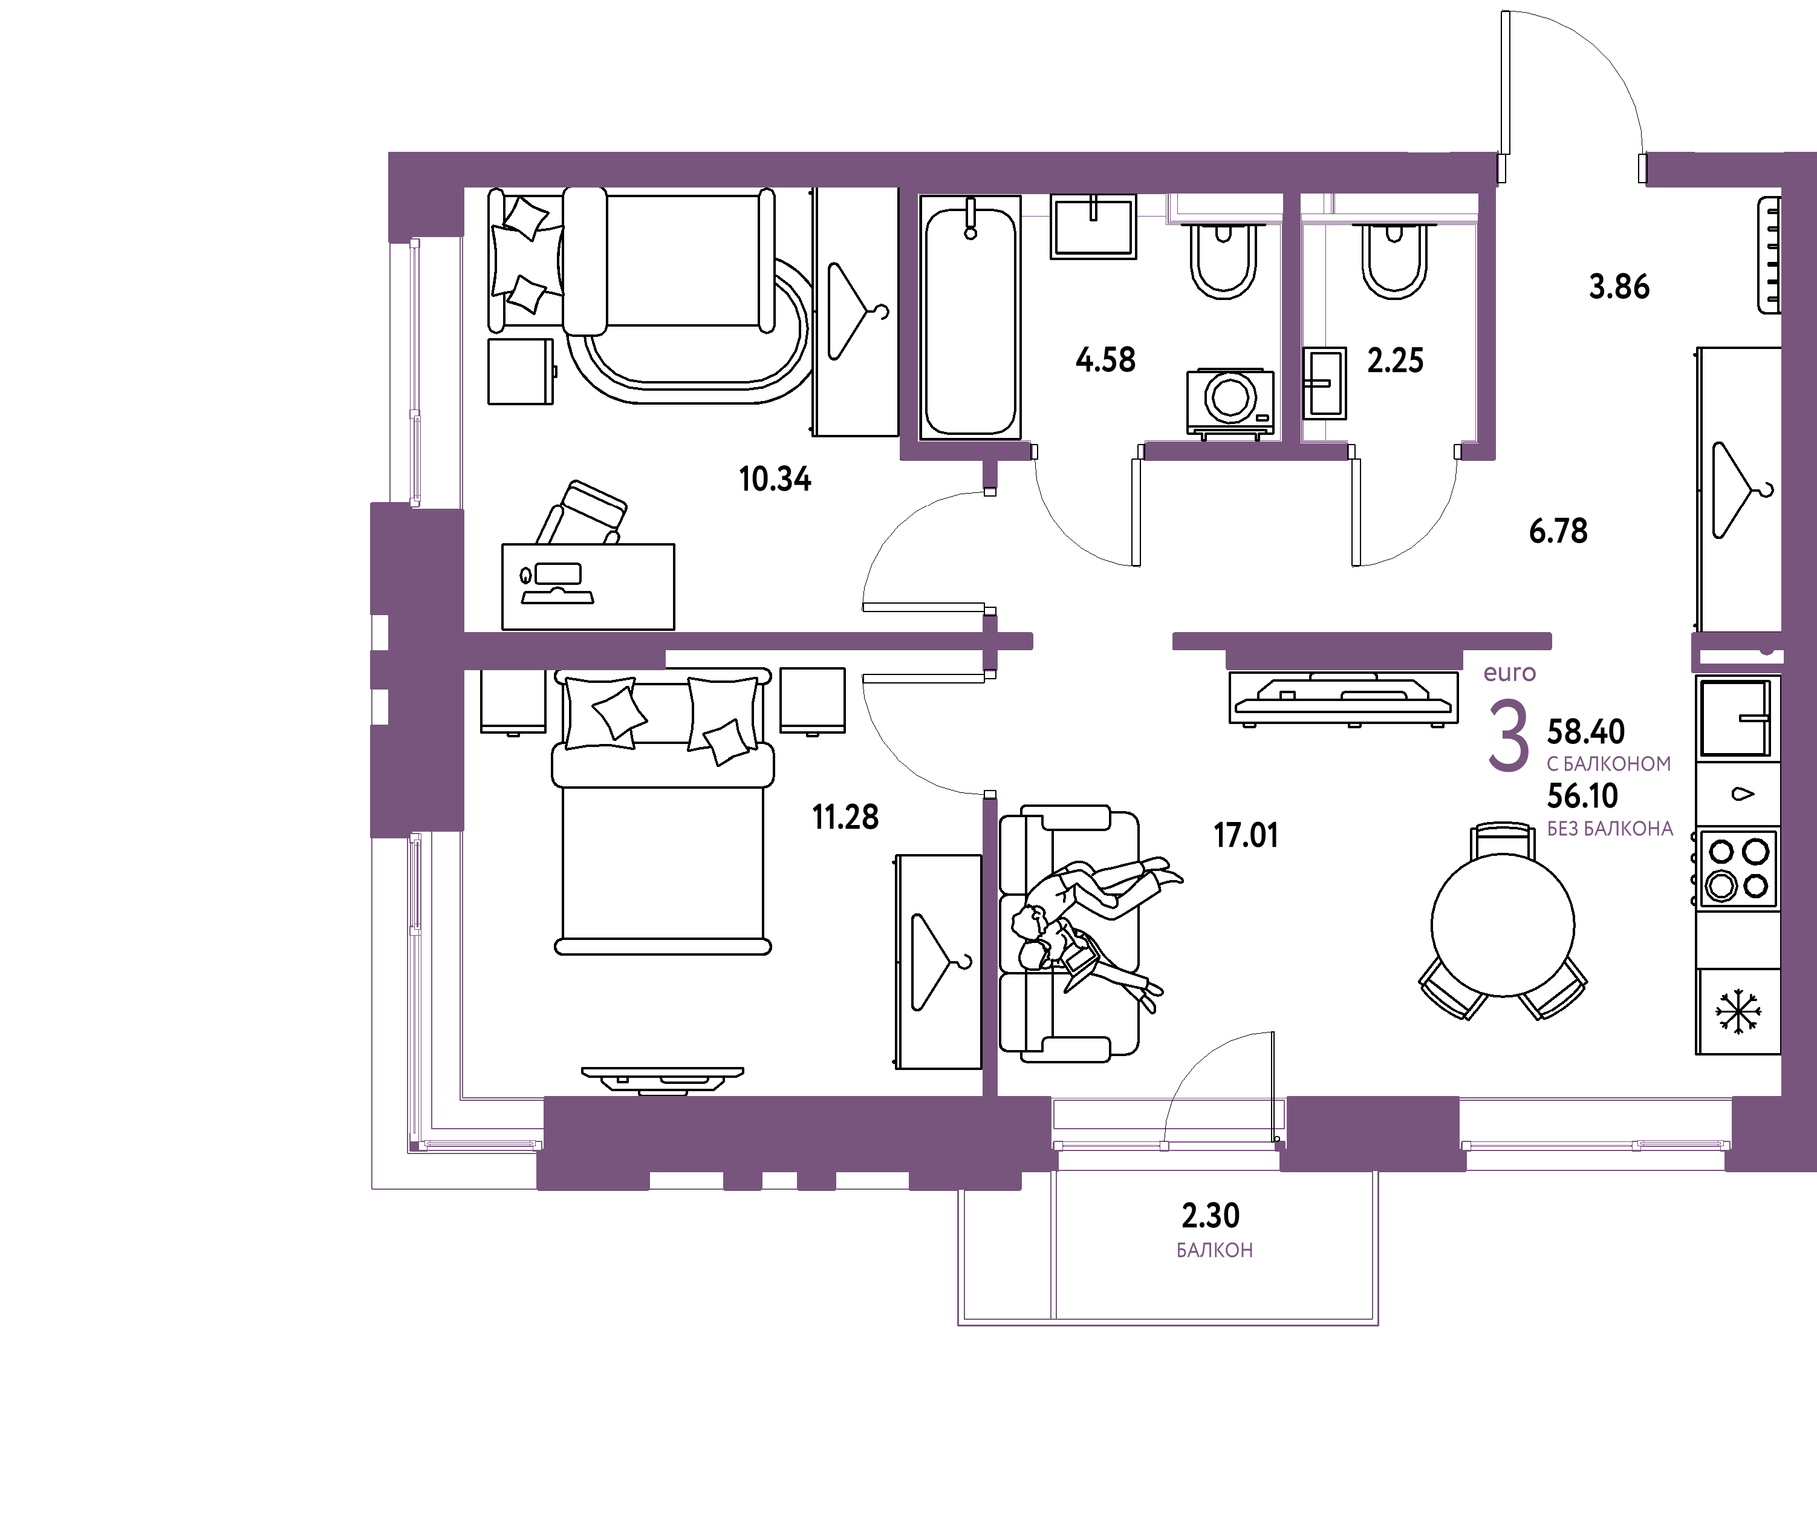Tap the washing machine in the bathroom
coord(1230,402)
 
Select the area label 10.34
coord(775,478)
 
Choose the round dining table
coord(1503,925)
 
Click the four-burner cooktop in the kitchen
coord(1737,869)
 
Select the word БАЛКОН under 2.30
coord(1214,1250)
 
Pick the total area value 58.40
coord(1585,732)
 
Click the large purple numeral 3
coord(1508,737)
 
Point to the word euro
coord(1509,673)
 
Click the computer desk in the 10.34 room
coord(588,587)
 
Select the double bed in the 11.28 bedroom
coord(663,811)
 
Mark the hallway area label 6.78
coord(1558,530)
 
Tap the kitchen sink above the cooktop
coord(1735,718)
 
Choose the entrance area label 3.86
coord(1619,287)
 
